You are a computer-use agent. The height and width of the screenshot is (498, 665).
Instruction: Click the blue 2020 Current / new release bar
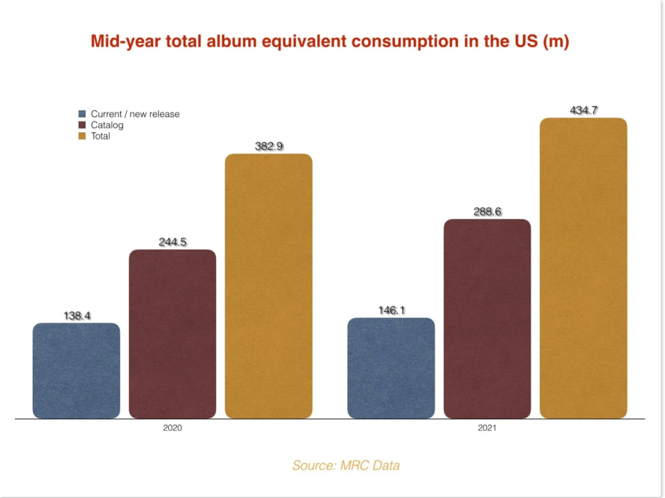(x=76, y=370)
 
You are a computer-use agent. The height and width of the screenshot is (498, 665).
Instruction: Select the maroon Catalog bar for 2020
(x=172, y=333)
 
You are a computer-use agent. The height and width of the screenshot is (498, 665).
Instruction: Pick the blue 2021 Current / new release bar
(x=391, y=368)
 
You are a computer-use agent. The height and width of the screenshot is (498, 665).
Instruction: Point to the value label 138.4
(x=77, y=316)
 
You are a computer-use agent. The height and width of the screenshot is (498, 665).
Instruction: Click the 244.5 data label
(x=172, y=242)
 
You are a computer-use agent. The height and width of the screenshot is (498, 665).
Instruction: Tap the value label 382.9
(x=268, y=147)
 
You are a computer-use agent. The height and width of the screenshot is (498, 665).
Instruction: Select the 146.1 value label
(x=392, y=311)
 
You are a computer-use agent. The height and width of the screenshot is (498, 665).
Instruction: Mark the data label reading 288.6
(x=488, y=212)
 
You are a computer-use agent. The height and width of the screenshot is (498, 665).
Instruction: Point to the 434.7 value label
(x=584, y=111)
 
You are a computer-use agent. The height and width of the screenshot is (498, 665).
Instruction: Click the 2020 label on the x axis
(x=172, y=428)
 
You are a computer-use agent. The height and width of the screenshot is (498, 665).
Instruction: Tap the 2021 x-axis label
(x=487, y=428)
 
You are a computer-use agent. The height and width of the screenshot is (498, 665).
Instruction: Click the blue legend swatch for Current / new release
(x=82, y=114)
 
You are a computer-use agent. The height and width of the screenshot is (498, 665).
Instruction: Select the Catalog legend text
(x=107, y=125)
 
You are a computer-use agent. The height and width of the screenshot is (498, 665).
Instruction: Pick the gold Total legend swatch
(x=82, y=136)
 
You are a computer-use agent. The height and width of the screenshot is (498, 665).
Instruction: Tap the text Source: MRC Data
(x=346, y=465)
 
